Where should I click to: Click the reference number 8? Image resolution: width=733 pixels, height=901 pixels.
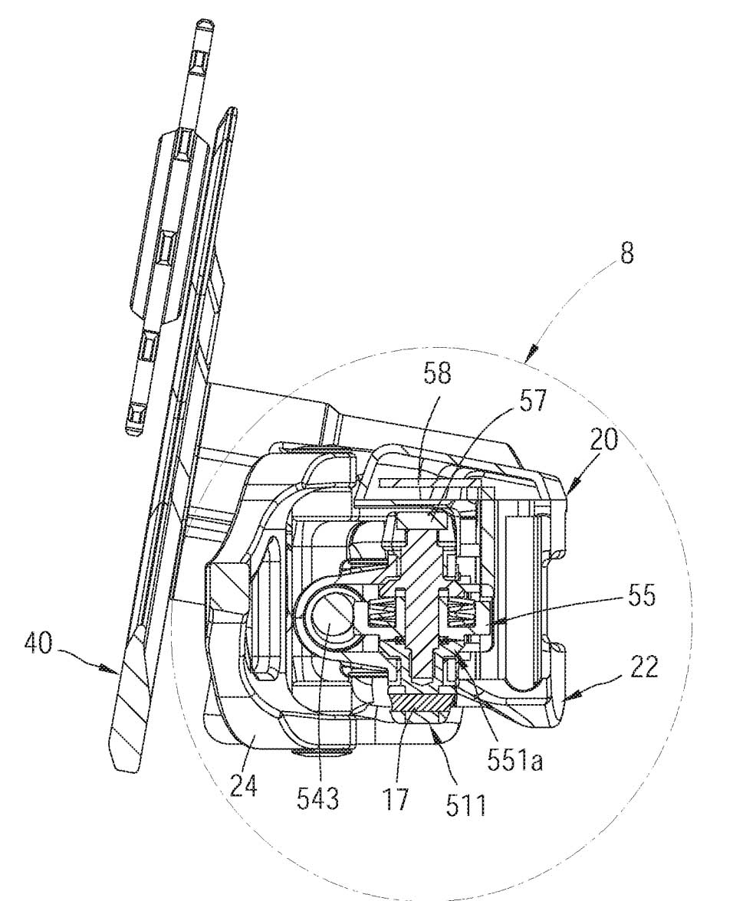626,252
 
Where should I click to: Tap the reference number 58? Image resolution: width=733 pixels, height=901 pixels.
438,374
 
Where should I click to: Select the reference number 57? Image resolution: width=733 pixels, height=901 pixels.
532,401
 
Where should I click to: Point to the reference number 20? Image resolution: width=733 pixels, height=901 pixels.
603,439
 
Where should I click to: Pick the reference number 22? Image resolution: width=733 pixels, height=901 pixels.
644,668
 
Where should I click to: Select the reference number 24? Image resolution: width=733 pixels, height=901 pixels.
244,785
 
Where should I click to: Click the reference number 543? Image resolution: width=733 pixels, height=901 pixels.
319,798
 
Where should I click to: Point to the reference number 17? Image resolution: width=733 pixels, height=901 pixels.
396,799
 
